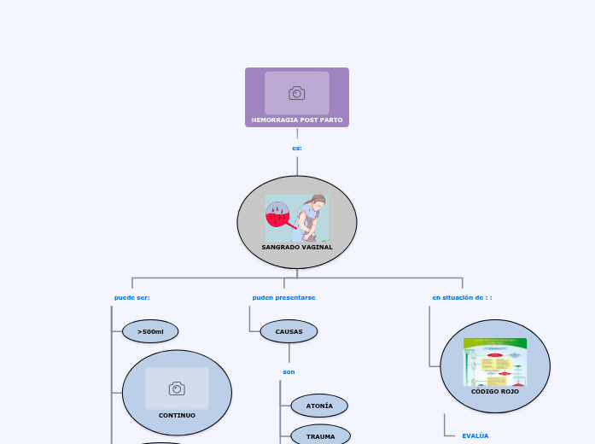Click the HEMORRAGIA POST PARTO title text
297,120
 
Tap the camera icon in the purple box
297,93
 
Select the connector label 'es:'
297,148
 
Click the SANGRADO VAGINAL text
297,247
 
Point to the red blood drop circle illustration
278,213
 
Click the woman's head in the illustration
318,202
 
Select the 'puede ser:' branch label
132,297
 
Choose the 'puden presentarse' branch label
283,297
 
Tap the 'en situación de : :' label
462,297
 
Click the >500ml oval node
150,331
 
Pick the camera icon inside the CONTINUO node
177,388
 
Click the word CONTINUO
177,415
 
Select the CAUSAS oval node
289,331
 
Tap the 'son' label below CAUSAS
289,371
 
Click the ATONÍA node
319,406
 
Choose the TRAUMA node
320,436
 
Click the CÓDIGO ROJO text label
495,391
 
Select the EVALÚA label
475,435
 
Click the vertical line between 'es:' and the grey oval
297,165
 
